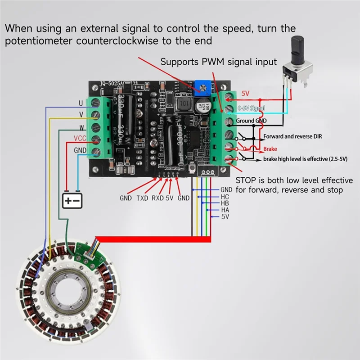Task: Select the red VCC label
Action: (x=80, y=139)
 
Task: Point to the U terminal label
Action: (x=81, y=103)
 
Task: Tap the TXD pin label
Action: (x=142, y=198)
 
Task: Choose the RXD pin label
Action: (x=157, y=198)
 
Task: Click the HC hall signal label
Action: (x=225, y=197)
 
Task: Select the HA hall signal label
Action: (x=225, y=210)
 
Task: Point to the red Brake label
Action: (x=271, y=148)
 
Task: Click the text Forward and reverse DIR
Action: (x=294, y=136)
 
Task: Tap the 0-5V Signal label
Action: (x=251, y=108)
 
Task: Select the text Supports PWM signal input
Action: (x=219, y=62)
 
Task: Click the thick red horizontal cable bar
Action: (x=153, y=238)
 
